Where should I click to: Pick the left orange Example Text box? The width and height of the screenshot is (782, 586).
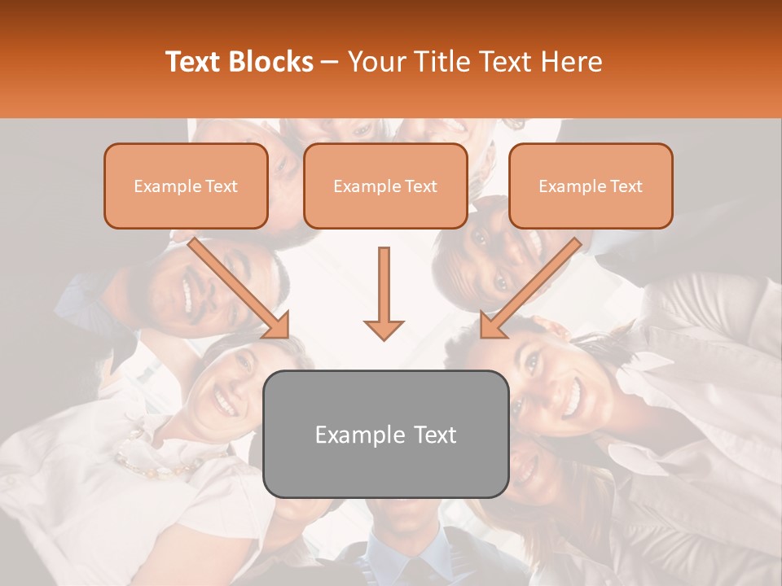186,186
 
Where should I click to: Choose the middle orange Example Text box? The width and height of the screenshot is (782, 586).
385,186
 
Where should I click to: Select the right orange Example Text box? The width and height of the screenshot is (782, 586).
591,186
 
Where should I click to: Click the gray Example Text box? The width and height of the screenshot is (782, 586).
385,434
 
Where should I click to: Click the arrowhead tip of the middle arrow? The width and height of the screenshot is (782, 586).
384,337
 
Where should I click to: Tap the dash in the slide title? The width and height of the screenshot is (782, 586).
330,62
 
